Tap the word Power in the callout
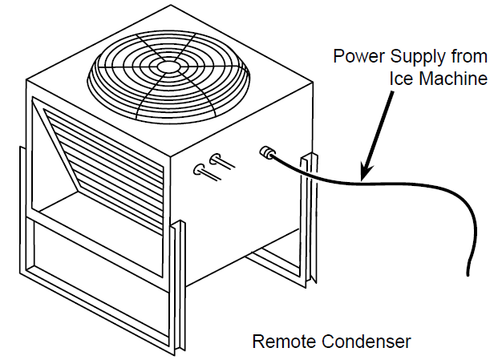[354, 57]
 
